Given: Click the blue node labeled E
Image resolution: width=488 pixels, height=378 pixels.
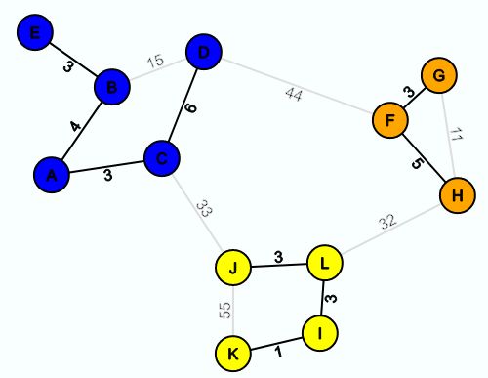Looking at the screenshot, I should [35, 33].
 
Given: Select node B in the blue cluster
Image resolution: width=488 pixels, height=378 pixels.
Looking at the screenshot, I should [112, 88].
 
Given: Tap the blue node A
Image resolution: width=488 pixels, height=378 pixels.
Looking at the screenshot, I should [51, 175].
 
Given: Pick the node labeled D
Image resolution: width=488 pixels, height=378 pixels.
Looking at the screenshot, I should [203, 51].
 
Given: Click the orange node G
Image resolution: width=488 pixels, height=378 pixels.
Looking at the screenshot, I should [438, 74].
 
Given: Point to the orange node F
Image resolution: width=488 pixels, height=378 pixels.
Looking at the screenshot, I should [389, 122].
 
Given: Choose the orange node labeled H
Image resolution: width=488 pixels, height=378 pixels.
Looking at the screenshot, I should [456, 195].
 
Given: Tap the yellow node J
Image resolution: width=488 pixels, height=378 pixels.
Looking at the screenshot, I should [233, 267].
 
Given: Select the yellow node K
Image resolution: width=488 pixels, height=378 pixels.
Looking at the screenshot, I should [232, 353].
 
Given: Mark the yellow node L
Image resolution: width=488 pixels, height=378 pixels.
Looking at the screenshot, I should [324, 262].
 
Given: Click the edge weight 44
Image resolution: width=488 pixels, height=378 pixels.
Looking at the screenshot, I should [294, 94].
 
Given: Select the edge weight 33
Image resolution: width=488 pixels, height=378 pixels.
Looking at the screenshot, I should [203, 207].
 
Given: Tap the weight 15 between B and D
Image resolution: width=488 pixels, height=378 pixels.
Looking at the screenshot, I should [155, 62].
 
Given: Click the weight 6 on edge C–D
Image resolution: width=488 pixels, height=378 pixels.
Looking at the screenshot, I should [190, 107].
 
